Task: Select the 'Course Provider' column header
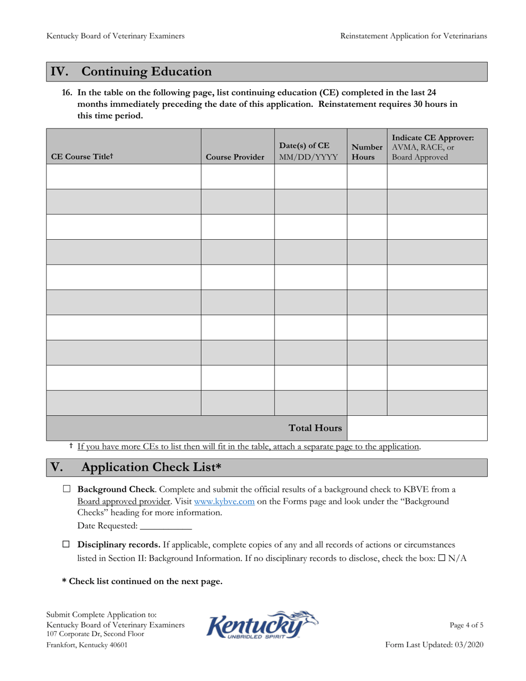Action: (235, 157)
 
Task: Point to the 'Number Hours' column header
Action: (367, 152)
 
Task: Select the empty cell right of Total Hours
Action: (416, 428)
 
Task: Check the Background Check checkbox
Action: (67, 489)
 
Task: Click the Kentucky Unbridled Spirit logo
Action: (262, 625)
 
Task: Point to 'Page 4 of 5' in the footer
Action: (466, 625)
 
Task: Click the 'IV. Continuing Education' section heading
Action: (131, 72)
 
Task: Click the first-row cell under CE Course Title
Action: (123, 177)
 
